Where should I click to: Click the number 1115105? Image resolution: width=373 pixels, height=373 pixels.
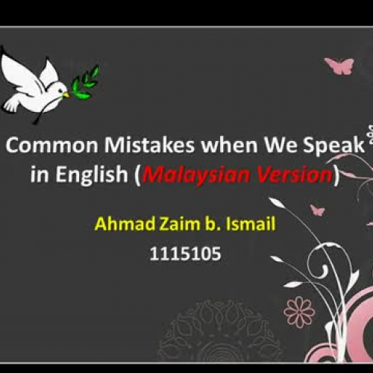(185, 254)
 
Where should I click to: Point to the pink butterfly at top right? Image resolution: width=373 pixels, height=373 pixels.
(339, 66)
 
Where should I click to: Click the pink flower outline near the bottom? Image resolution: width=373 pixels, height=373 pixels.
(299, 311)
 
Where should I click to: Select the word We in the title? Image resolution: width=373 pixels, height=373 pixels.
(284, 146)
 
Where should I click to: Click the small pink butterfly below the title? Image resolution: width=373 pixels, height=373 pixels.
(317, 210)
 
